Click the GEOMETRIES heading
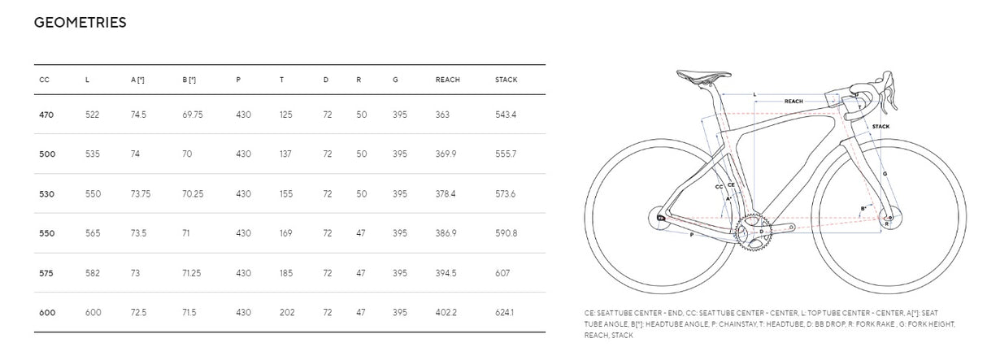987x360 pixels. (80, 23)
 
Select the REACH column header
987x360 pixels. (448, 80)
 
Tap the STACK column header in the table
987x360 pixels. (507, 80)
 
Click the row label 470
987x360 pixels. (46, 115)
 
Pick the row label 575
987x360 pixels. (46, 273)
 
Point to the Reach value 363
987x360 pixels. (442, 115)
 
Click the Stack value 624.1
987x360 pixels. (505, 312)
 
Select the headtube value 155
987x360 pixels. (286, 194)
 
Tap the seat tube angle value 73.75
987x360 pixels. (141, 194)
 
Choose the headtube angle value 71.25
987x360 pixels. (192, 273)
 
